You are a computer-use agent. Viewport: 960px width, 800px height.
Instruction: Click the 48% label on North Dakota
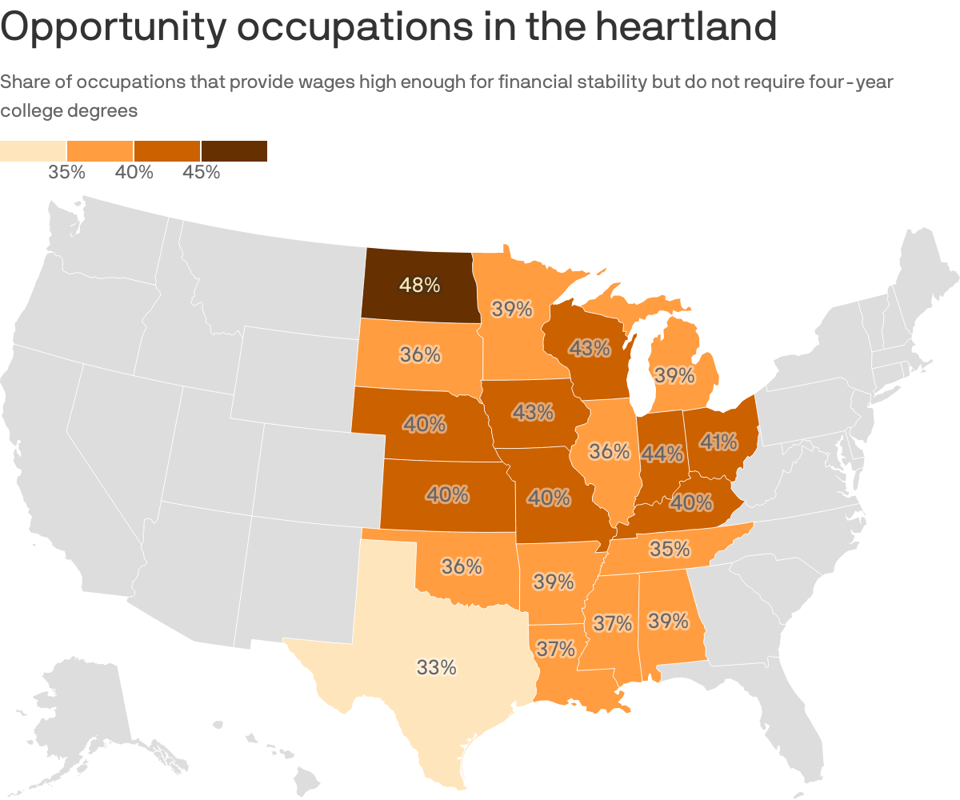[x=420, y=285]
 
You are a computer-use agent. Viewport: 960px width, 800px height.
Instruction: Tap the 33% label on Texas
[x=436, y=666]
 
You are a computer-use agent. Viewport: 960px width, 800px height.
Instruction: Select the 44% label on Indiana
[x=662, y=454]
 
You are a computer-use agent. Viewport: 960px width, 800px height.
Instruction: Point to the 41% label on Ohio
[x=718, y=441]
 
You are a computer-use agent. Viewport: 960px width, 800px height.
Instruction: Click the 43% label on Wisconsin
[x=590, y=348]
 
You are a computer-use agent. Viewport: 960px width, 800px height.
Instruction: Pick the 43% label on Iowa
[x=534, y=412]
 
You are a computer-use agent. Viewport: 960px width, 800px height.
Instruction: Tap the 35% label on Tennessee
[x=670, y=549]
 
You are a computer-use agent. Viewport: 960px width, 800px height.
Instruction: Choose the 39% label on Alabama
[x=668, y=621]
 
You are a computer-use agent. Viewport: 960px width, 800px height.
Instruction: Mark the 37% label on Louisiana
[x=555, y=649]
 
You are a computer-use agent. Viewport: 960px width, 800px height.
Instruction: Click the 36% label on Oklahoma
[x=462, y=566]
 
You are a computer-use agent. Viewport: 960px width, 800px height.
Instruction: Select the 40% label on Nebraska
[x=425, y=424]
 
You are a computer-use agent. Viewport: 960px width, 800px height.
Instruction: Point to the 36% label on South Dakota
[x=421, y=354]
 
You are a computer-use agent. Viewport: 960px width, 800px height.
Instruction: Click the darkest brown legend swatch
[x=234, y=150]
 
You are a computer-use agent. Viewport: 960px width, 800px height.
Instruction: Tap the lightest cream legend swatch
[x=33, y=150]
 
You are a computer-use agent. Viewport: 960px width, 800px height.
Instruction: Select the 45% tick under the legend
[x=201, y=172]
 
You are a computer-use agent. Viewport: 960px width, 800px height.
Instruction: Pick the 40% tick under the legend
[x=134, y=172]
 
